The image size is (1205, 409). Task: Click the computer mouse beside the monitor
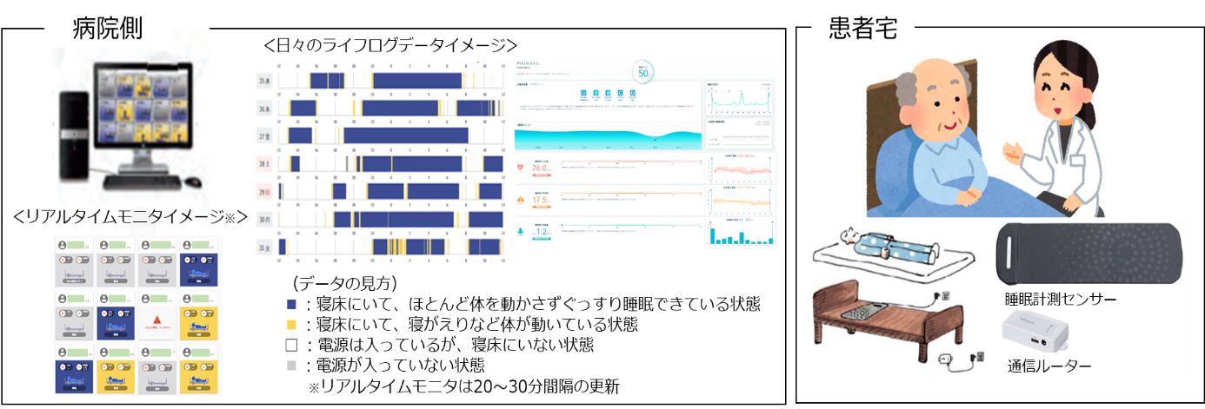[193, 181]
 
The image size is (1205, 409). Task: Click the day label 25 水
[263, 82]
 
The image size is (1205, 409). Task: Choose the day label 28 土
[263, 164]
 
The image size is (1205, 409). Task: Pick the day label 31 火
[263, 246]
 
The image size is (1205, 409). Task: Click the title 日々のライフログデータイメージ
[390, 43]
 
